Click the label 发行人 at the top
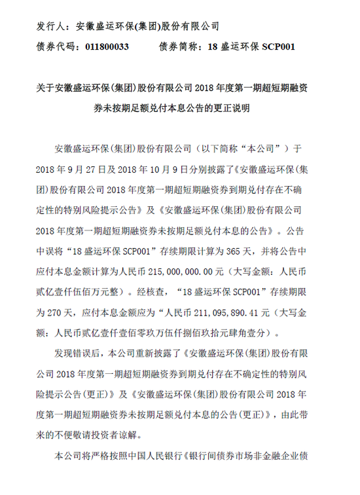tap(50, 27)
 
